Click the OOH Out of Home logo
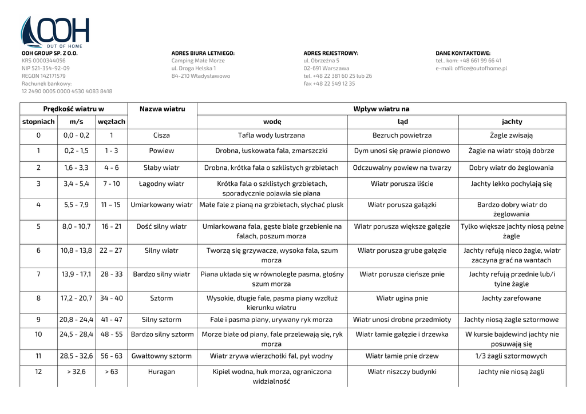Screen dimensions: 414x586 (55, 32)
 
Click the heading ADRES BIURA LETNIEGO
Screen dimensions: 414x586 (203, 53)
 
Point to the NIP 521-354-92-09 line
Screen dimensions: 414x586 (46, 68)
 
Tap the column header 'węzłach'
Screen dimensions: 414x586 (112, 122)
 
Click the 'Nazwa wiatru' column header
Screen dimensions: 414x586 (162, 109)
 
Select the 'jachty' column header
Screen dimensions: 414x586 (512, 122)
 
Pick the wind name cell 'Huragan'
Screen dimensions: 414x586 (162, 372)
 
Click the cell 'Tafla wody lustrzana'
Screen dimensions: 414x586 (271, 136)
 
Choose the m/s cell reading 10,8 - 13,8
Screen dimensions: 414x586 (76, 250)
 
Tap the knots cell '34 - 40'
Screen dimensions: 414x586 (112, 298)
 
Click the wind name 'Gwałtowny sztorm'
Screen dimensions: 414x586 (162, 356)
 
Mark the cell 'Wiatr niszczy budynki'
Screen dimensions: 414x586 (402, 372)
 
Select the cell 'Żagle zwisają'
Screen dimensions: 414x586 (512, 136)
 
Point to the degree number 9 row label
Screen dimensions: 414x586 (38, 320)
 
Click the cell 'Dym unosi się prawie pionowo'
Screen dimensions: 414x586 (402, 151)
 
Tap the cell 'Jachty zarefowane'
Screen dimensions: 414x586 (512, 298)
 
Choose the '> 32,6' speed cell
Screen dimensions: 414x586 (76, 372)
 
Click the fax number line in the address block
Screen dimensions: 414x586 (329, 83)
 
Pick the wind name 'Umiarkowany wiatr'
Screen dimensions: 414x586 (162, 204)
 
